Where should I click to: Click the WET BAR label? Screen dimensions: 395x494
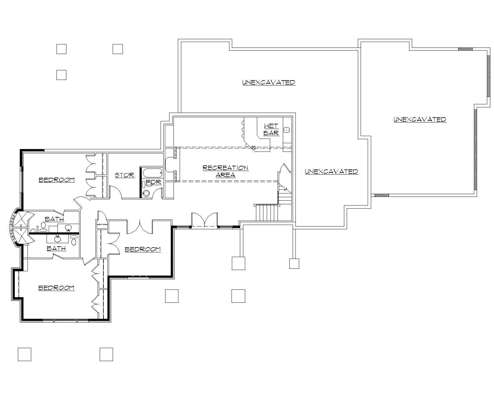(271, 130)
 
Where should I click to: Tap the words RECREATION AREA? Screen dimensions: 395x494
(225, 171)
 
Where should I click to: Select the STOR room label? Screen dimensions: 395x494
(125, 175)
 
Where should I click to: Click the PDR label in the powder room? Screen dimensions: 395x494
(153, 182)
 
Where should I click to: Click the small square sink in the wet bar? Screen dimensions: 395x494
(287, 130)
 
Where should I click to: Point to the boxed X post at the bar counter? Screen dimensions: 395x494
(253, 148)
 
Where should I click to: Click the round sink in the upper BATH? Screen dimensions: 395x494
(69, 228)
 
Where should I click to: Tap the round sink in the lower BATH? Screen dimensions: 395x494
(57, 238)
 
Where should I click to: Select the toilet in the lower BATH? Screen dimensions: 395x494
(73, 240)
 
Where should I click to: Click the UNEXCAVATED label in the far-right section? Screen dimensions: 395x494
(420, 119)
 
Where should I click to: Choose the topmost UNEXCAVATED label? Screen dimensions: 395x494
(269, 82)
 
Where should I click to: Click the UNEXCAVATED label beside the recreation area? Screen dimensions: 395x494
(331, 172)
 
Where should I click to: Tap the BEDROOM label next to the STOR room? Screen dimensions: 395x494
(57, 180)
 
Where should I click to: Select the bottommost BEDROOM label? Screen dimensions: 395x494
(57, 288)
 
